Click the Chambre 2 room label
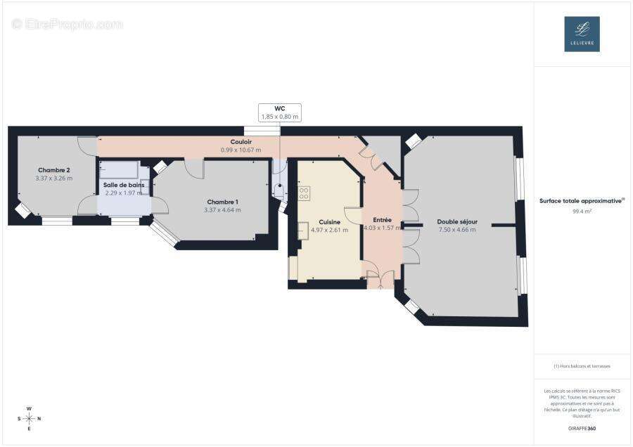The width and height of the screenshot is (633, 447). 53,170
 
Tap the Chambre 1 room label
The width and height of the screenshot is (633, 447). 222,202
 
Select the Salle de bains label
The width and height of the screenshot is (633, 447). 124,185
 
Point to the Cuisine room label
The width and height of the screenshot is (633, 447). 329,221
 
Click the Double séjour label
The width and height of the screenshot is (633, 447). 457,221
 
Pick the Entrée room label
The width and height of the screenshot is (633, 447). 382,220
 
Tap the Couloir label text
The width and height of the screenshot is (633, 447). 241,141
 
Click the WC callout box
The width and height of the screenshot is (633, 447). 279,112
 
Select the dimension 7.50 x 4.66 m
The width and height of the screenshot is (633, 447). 457,230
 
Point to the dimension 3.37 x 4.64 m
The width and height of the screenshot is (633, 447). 222,210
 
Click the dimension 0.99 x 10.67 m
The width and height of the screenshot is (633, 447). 241,150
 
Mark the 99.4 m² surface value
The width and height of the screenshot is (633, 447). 582,210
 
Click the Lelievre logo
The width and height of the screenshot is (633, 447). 582,34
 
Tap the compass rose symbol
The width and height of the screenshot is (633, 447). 29,418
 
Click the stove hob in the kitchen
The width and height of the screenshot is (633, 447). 304,193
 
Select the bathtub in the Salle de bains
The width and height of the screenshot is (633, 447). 119,170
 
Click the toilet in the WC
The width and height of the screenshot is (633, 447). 279,191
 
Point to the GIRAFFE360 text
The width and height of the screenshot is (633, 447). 582,428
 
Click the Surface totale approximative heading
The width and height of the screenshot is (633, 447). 582,200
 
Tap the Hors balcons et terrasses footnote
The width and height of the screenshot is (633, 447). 582,366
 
